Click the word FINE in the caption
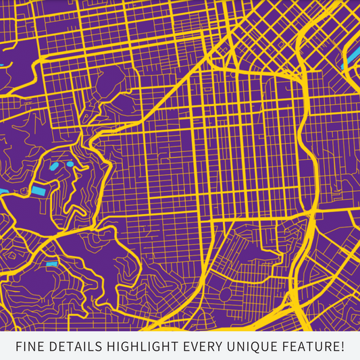point(30,346)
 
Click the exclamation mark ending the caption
point(342,346)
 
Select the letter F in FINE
point(19,346)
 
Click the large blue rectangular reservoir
point(38,190)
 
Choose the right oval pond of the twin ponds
point(70,163)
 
